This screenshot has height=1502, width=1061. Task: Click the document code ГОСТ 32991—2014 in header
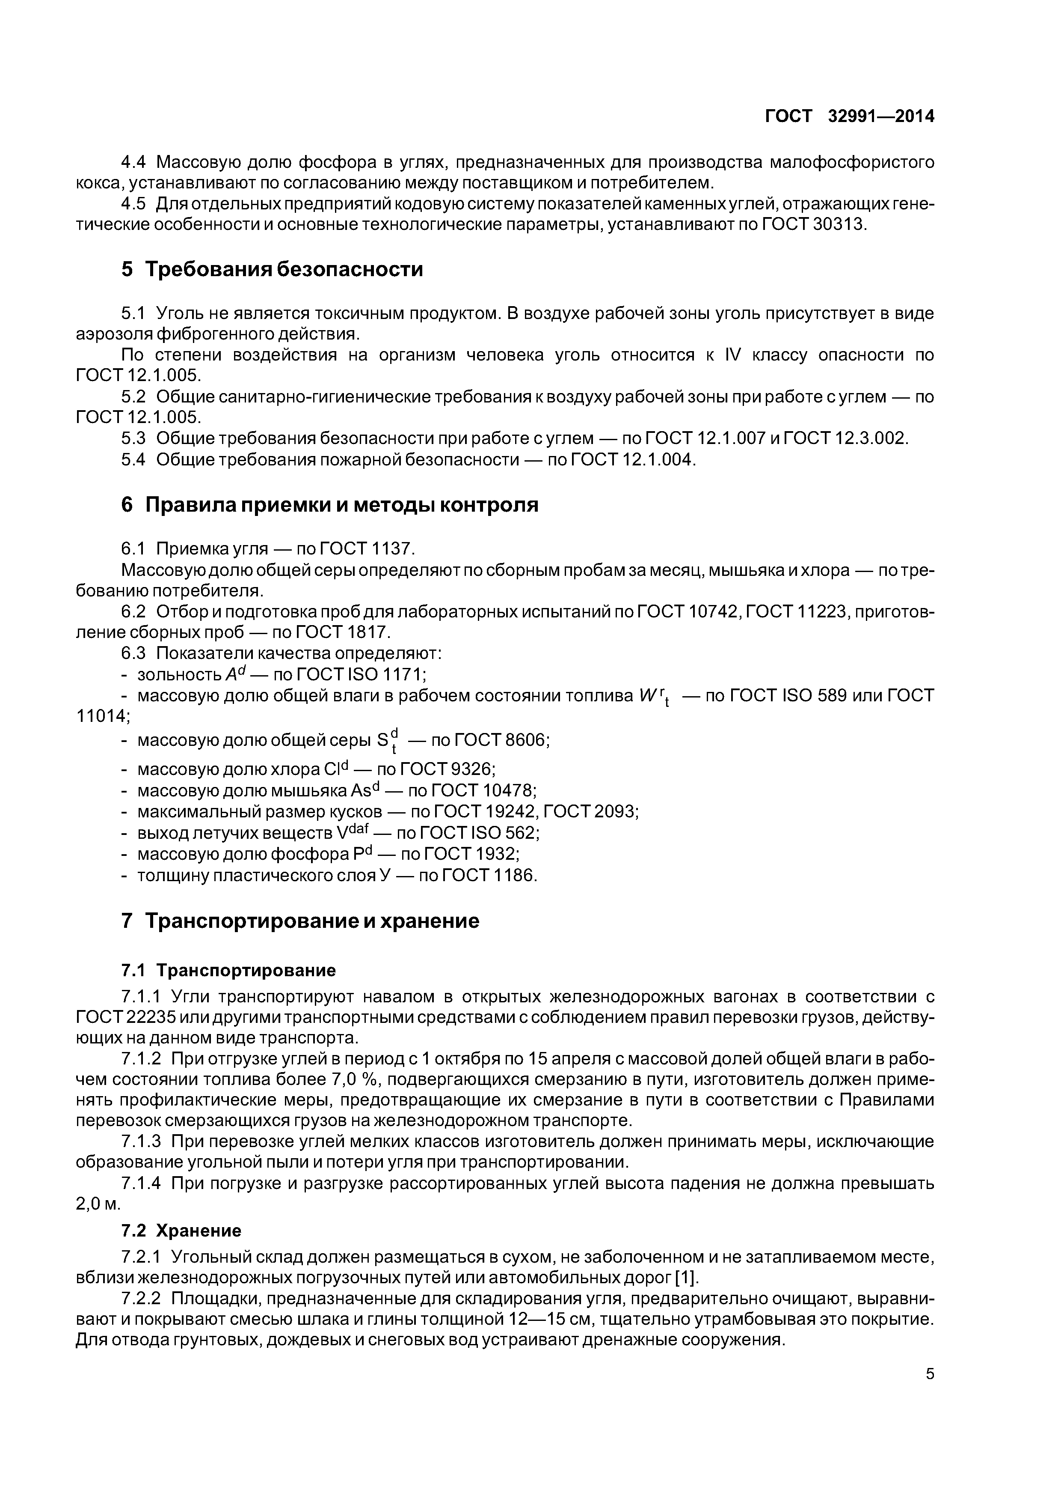849,116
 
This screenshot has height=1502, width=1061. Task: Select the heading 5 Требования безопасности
272,269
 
